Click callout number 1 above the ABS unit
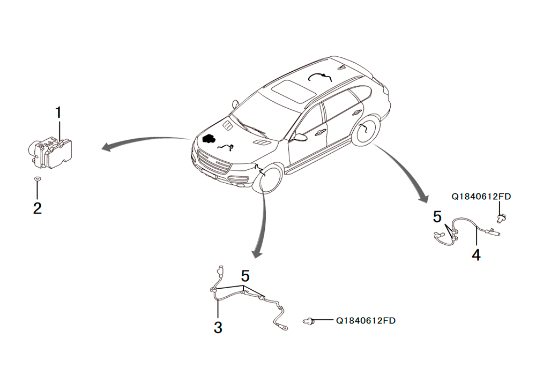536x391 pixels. coord(58,112)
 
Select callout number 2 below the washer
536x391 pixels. coord(38,208)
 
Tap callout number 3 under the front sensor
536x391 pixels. coord(218,327)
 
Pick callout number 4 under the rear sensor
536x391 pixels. coord(476,255)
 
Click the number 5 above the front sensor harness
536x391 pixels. coord(245,276)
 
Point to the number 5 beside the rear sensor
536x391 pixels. coord(437,217)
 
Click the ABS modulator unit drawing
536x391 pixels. coord(50,153)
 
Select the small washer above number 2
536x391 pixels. coord(38,178)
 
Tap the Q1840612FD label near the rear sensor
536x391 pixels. coord(481,197)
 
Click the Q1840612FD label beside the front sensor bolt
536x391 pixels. coord(366,321)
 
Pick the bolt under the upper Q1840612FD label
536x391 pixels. coord(501,217)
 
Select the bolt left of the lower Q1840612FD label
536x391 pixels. coord(309,321)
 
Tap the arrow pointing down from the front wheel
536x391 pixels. coord(263,225)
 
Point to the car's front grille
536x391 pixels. coord(214,162)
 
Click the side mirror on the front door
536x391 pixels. coord(300,137)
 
